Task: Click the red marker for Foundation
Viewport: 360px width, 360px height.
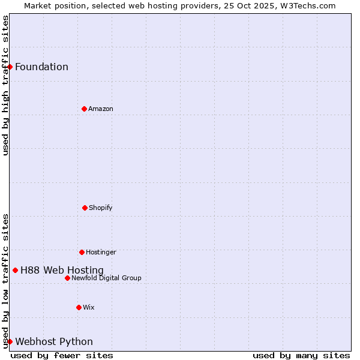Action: coord(10,67)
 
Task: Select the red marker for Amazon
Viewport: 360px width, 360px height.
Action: coord(84,109)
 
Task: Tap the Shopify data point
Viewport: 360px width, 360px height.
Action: coord(85,208)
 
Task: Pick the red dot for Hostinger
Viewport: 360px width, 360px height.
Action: coord(82,252)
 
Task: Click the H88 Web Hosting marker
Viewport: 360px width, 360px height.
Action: coord(15,270)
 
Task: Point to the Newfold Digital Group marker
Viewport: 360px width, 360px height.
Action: coord(67,278)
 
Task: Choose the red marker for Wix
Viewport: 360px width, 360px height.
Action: coord(79,307)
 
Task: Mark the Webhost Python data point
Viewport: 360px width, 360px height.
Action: coord(10,341)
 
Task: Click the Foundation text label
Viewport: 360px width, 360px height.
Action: coord(41,67)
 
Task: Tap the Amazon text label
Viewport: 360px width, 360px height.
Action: coord(101,109)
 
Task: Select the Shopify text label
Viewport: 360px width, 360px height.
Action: coord(101,208)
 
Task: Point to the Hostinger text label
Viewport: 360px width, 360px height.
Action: coord(101,252)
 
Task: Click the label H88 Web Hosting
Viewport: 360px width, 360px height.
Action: coord(62,270)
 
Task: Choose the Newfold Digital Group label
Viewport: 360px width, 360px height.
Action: coord(106,278)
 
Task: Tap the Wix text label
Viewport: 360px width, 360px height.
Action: coord(89,307)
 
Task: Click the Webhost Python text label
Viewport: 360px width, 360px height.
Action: coord(54,341)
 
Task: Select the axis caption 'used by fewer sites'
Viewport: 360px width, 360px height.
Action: coord(62,355)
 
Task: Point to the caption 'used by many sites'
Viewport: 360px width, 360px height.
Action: coord(301,355)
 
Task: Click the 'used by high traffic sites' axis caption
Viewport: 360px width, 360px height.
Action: coord(5,85)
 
